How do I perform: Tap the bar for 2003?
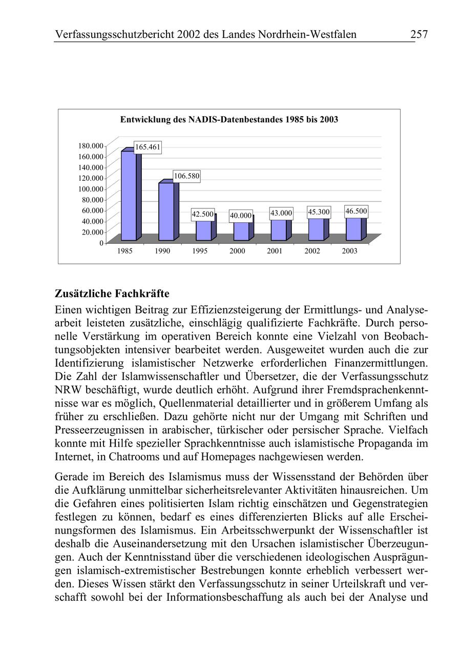pyautogui.click(x=353, y=229)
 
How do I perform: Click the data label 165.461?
pyautogui.click(x=148, y=148)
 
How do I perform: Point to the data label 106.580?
pyautogui.click(x=186, y=176)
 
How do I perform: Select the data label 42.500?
pyautogui.click(x=202, y=215)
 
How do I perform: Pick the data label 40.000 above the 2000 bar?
pyautogui.click(x=240, y=216)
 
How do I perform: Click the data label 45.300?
pyautogui.click(x=319, y=212)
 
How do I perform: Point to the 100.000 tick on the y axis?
pyautogui.click(x=91, y=188)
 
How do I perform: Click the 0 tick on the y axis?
pyautogui.click(x=100, y=243)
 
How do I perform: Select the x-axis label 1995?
pyautogui.click(x=200, y=251)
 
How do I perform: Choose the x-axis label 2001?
pyautogui.click(x=275, y=251)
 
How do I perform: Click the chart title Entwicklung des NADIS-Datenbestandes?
pyautogui.click(x=229, y=120)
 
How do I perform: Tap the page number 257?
pyautogui.click(x=418, y=35)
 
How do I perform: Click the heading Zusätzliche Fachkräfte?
pyautogui.click(x=112, y=294)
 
